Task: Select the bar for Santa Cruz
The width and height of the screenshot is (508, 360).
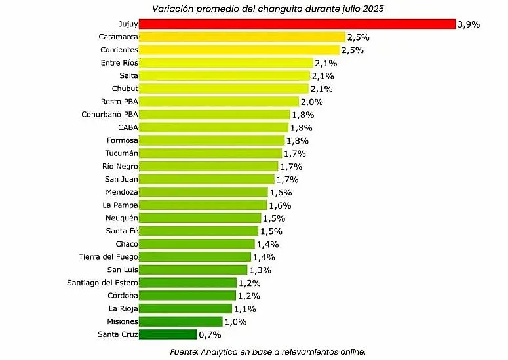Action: [x=168, y=334]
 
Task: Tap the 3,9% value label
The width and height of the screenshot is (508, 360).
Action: [x=469, y=24]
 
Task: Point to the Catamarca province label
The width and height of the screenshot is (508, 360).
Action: [x=118, y=37]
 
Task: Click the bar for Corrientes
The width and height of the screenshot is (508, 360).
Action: [x=240, y=50]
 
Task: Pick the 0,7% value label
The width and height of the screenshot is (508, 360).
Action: [x=210, y=334]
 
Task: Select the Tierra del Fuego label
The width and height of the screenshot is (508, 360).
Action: [x=108, y=256]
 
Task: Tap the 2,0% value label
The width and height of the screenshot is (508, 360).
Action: [x=311, y=102]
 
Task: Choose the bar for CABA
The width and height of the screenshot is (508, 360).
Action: [x=214, y=127]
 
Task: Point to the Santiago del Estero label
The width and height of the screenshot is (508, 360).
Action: [x=102, y=283]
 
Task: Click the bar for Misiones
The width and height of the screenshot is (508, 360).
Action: [x=181, y=321]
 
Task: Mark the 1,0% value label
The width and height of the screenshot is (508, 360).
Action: [x=236, y=321]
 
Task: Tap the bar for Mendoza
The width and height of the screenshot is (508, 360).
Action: [x=204, y=192]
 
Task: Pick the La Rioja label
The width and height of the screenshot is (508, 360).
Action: [x=123, y=308]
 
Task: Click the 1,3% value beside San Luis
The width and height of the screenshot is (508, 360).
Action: [x=261, y=270]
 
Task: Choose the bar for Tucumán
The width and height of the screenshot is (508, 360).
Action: [x=211, y=153]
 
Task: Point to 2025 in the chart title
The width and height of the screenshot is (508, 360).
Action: [x=372, y=9]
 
